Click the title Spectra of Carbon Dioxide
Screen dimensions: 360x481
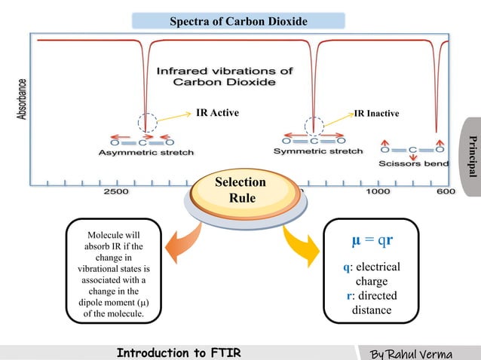coord(238,21)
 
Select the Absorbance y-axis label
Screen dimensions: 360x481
coord(24,99)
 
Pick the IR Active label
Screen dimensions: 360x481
coord(217,114)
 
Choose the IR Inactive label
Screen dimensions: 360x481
coord(377,114)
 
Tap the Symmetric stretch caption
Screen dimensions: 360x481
coord(318,151)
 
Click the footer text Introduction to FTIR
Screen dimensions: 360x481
coord(179,352)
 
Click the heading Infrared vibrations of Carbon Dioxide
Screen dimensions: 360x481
coord(225,75)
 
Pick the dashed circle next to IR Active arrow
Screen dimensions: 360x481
coord(149,122)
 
